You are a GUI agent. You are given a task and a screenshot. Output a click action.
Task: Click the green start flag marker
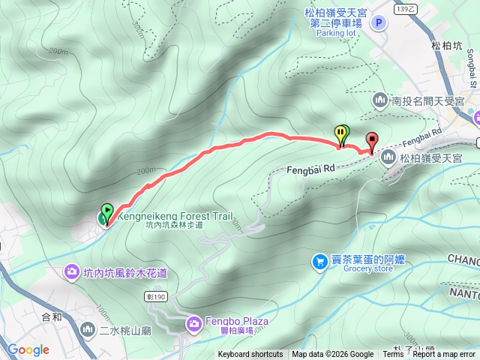pyautogui.click(x=106, y=213)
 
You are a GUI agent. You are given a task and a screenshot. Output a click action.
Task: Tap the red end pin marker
pyautogui.click(x=371, y=140)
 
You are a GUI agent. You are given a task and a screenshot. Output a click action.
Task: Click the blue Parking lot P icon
pyautogui.click(x=379, y=23)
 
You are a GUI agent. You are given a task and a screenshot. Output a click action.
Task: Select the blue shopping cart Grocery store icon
pyautogui.click(x=320, y=261)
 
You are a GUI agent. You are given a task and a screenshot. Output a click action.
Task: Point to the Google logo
pyautogui.click(x=28, y=349)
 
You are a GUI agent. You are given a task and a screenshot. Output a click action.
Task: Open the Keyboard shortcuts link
pyautogui.click(x=250, y=355)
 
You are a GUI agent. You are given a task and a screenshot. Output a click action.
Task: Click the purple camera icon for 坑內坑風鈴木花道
pyautogui.click(x=72, y=270)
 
